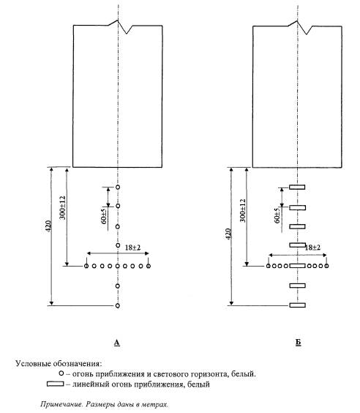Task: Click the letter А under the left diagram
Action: pos(117,343)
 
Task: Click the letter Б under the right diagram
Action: pos(298,343)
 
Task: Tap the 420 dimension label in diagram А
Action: pos(48,226)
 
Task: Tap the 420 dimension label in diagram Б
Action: pos(228,234)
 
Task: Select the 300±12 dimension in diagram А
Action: pos(63,208)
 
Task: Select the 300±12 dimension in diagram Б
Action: pos(243,210)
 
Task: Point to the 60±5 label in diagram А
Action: pos(104,217)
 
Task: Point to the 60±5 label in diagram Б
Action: pos(277,216)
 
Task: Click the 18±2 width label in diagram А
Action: pos(133,248)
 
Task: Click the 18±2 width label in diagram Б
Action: pos(312,248)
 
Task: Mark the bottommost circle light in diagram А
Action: pos(118,305)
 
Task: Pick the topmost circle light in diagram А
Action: pos(118,187)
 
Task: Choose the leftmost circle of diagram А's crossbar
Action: pos(86,266)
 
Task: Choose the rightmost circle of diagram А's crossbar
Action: pos(149,266)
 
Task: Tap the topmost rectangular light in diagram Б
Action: pos(297,187)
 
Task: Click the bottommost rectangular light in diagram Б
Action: pos(298,305)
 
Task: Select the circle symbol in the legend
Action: pos(61,373)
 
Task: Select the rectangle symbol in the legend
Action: pos(56,384)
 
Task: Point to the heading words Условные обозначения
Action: pos(59,364)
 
